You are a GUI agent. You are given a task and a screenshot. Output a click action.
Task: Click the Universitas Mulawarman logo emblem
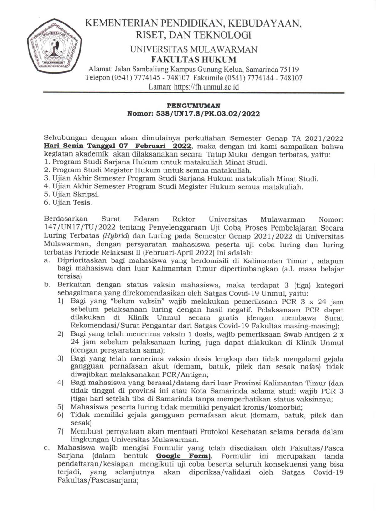[54, 47]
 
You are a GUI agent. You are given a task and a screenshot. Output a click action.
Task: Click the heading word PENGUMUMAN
[193, 106]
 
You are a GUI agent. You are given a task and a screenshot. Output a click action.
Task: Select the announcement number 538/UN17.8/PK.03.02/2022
[208, 114]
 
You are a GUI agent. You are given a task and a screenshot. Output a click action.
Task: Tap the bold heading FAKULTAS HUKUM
[194, 59]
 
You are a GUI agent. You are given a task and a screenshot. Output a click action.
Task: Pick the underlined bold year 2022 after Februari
[182, 146]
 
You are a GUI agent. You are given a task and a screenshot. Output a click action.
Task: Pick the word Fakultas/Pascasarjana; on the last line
[98, 480]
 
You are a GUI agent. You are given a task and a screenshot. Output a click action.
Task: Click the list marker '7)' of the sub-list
[60, 431]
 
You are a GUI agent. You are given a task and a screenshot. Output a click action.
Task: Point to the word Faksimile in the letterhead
[208, 78]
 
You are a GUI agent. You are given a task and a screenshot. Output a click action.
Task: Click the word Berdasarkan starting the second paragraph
[66, 219]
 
